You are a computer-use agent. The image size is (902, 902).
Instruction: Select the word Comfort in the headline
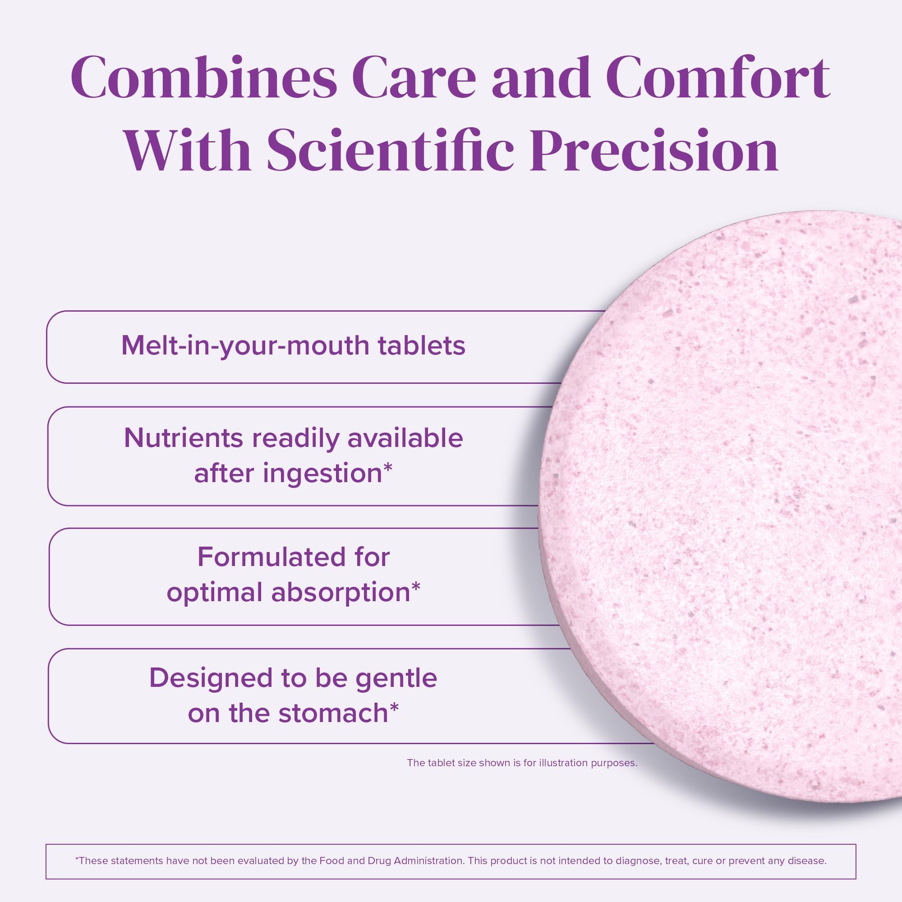pyautogui.click(x=718, y=78)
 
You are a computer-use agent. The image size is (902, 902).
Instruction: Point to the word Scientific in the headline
pyautogui.click(x=390, y=151)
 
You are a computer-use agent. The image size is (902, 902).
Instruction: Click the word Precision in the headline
pyautogui.click(x=653, y=151)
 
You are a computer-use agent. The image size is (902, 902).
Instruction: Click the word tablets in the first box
pyautogui.click(x=422, y=346)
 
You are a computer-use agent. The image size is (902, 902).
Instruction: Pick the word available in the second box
pyautogui.click(x=405, y=438)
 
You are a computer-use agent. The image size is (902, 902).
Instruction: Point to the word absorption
pyautogui.click(x=341, y=593)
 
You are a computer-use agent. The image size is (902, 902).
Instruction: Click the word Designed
pyautogui.click(x=211, y=678)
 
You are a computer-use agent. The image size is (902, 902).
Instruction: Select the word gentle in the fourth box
pyautogui.click(x=396, y=678)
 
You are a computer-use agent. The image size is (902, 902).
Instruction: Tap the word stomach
pyautogui.click(x=333, y=713)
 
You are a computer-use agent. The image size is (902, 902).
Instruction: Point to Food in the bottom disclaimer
pyautogui.click(x=331, y=861)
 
